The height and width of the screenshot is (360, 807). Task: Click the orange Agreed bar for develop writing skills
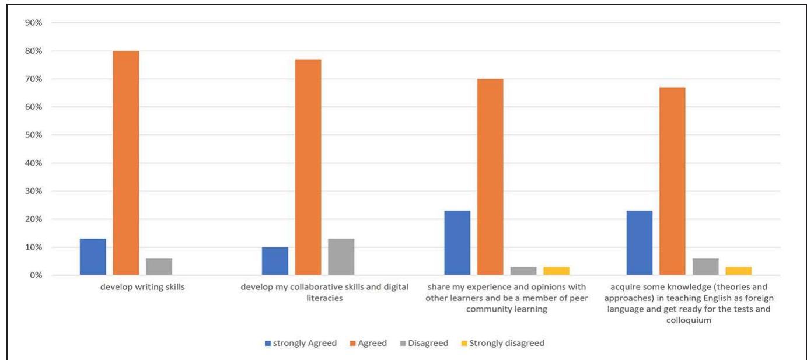[125, 163]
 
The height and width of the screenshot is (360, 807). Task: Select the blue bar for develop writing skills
[93, 257]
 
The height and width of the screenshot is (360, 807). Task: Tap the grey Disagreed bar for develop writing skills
[159, 267]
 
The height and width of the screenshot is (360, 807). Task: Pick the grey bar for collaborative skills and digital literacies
[341, 257]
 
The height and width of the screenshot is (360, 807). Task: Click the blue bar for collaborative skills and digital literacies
[275, 261]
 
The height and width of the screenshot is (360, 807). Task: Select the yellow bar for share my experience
[556, 271]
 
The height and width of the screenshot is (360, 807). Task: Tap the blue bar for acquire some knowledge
[639, 243]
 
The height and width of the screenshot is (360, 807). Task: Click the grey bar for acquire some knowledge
[705, 267]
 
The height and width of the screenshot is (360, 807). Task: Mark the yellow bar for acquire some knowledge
[738, 271]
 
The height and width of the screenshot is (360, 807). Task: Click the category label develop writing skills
[142, 287]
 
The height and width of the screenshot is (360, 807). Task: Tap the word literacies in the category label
[324, 298]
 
